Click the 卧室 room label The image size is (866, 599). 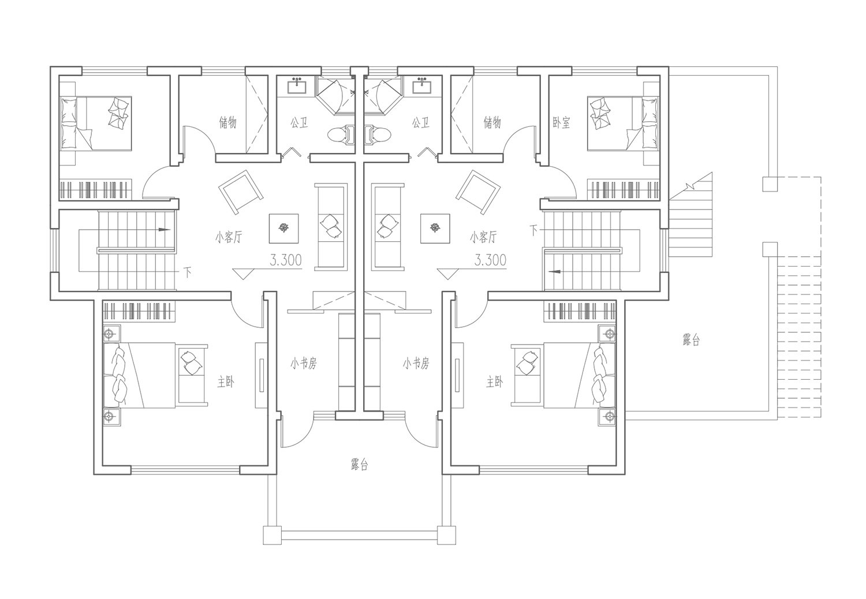pos(561,123)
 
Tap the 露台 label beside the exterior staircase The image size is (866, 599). pos(691,340)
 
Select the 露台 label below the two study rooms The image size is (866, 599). pos(359,464)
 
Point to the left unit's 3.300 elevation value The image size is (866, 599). pos(286,260)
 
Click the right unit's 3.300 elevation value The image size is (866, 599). pos(490,260)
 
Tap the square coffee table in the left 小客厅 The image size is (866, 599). pos(284,229)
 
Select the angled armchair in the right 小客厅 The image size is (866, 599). pos(478,192)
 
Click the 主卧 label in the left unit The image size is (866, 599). pos(225,383)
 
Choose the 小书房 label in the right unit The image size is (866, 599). pos(416,363)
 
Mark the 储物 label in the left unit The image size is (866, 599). pos(227,123)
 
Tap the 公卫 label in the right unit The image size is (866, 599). pos(421,123)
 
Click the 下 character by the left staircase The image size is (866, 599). pos(188,273)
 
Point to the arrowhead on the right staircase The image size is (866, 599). pos(555,271)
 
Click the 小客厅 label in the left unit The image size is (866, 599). pos(229,237)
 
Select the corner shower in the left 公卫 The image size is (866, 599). pos(335,95)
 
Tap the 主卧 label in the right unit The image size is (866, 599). pos(494,383)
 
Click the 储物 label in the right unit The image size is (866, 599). pos(492,123)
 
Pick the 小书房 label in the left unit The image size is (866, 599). pos(304,363)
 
